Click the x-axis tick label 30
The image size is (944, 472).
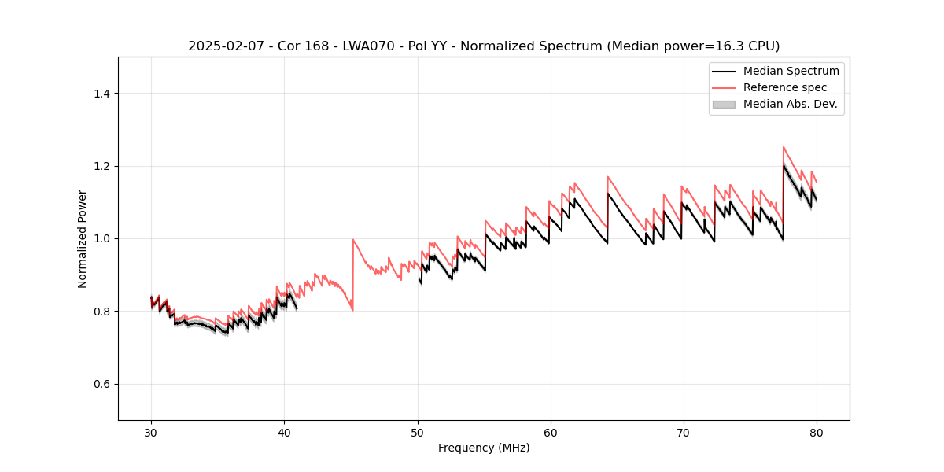tap(151, 433)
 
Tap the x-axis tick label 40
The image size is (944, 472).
tap(284, 433)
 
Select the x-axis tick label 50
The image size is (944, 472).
tap(418, 433)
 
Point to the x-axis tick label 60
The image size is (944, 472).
tap(551, 433)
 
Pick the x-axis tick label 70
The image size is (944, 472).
tap(684, 433)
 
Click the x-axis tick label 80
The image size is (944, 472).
tap(817, 433)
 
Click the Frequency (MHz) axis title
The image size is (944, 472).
tap(484, 448)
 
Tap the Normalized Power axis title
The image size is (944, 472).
tap(83, 238)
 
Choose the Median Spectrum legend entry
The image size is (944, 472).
tap(791, 71)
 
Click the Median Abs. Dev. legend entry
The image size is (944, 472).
tap(790, 104)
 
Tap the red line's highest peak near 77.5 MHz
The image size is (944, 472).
tap(784, 147)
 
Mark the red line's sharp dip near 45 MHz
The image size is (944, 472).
tap(352, 310)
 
